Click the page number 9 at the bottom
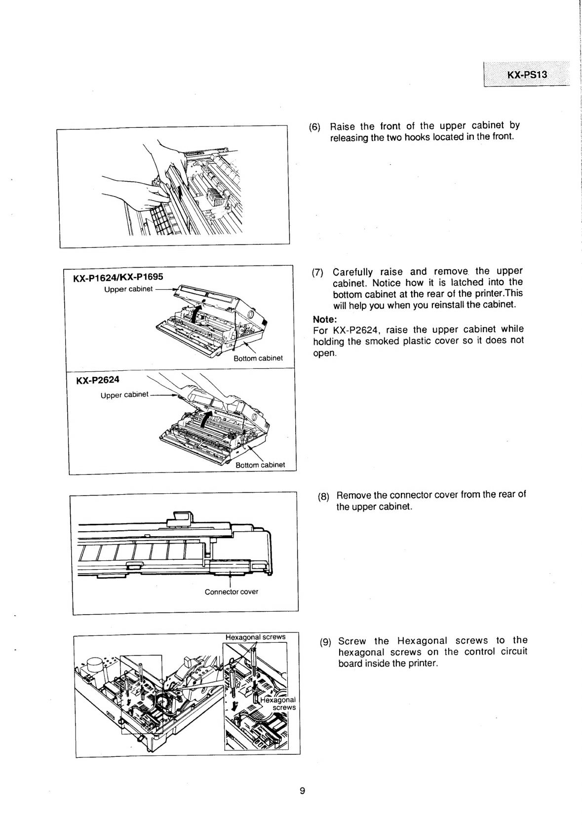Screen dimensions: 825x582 [303, 791]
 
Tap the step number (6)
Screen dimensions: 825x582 [314, 127]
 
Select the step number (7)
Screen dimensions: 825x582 [317, 273]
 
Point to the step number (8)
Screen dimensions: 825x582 [324, 497]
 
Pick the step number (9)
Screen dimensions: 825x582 [325, 642]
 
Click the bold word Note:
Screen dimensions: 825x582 [325, 319]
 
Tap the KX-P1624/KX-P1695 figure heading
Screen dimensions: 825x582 [118, 277]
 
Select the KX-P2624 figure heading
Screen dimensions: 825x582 [98, 380]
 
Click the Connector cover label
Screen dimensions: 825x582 [231, 591]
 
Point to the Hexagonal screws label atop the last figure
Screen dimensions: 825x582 [255, 637]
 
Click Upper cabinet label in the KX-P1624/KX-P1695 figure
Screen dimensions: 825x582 [128, 289]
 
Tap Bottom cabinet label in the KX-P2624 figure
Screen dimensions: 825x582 [260, 465]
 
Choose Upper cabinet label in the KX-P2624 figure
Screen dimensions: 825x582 [124, 395]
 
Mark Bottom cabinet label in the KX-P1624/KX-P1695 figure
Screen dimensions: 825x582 [258, 358]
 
